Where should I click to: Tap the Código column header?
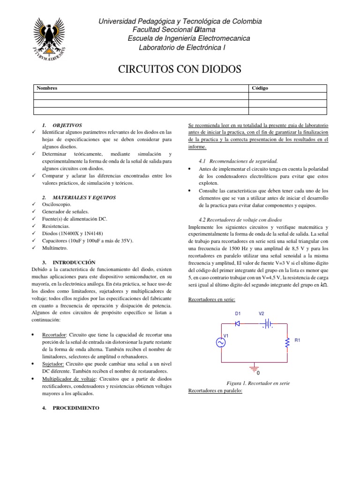[x=260, y=88]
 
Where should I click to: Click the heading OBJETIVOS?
[x=67, y=126]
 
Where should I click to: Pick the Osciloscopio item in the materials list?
[x=57, y=205]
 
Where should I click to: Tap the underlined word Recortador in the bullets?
[x=54, y=335]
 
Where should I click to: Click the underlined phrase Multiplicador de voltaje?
[x=69, y=378]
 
